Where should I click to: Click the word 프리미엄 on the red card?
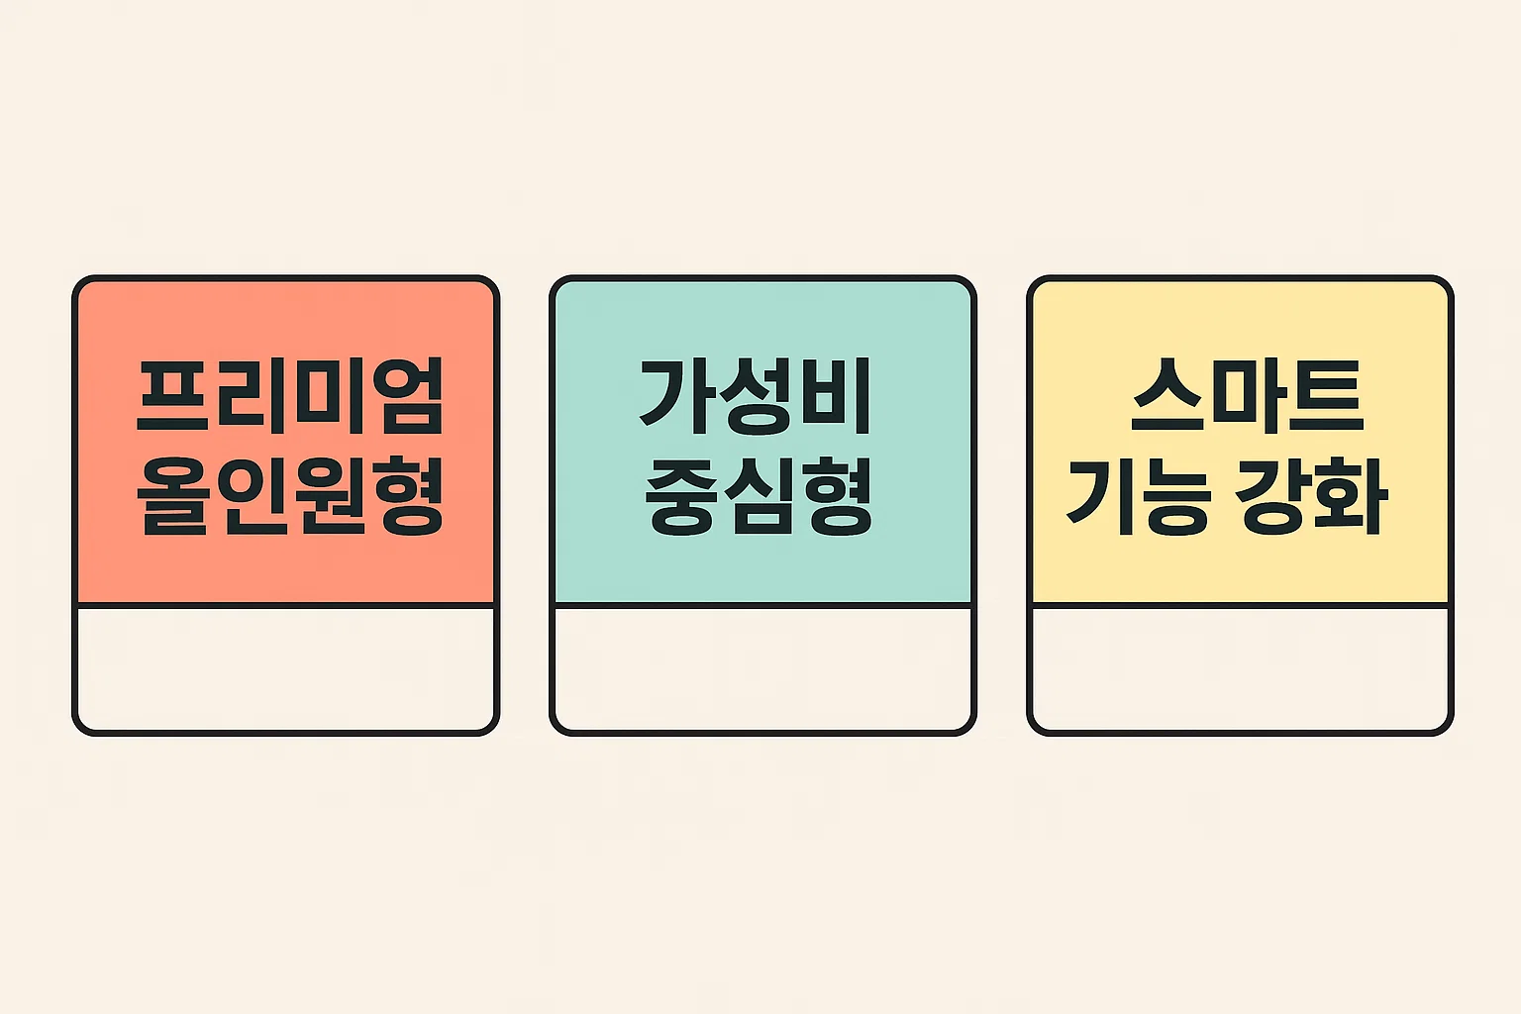(x=289, y=396)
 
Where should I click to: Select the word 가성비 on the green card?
(x=756, y=396)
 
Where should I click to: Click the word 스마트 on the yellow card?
(x=1247, y=396)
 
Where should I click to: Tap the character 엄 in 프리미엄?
(x=405, y=396)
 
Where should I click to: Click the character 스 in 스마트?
(x=1169, y=396)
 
